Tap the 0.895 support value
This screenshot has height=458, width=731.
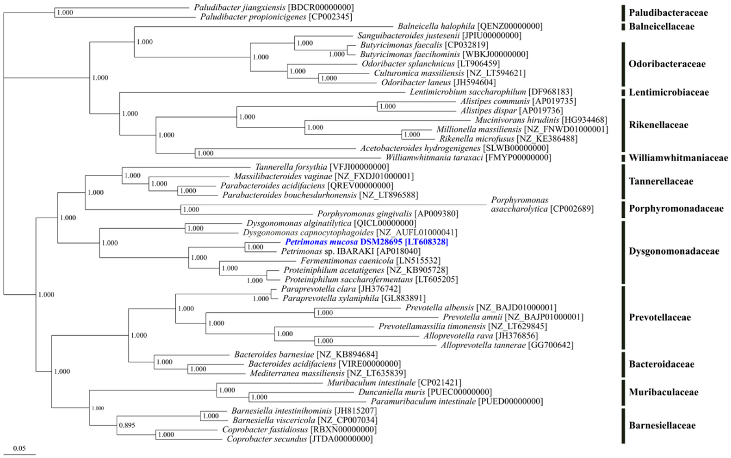coord(127,425)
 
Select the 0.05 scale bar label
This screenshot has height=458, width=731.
coord(19,448)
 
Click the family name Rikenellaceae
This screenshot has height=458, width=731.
coord(658,125)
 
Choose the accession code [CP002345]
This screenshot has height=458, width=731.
coord(330,17)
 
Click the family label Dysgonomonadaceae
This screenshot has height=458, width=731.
coord(674,251)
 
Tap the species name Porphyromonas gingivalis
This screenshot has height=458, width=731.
coord(364,214)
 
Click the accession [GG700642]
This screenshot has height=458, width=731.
coord(551,345)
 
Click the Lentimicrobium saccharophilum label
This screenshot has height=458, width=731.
coord(468,92)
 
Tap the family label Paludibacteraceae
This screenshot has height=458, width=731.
coord(668,13)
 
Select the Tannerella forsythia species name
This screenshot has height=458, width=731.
coord(291,167)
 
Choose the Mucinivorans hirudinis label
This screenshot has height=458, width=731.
coord(517,120)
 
